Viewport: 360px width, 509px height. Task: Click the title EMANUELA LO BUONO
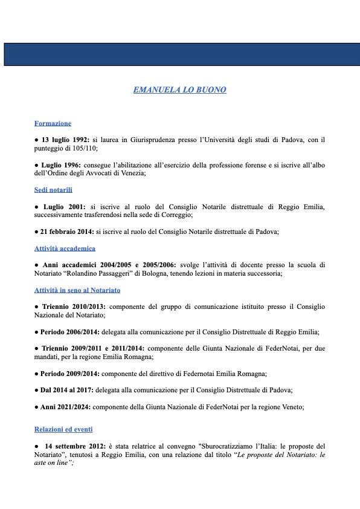point(179,90)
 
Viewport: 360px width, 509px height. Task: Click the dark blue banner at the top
point(179,54)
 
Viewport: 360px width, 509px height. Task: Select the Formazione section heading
point(53,123)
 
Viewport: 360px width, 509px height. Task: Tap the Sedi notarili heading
point(54,190)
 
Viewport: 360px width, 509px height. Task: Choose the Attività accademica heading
point(65,248)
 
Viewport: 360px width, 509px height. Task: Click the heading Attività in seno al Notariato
point(77,291)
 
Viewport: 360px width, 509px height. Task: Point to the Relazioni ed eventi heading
point(63,429)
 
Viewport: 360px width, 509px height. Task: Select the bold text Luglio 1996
point(62,164)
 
